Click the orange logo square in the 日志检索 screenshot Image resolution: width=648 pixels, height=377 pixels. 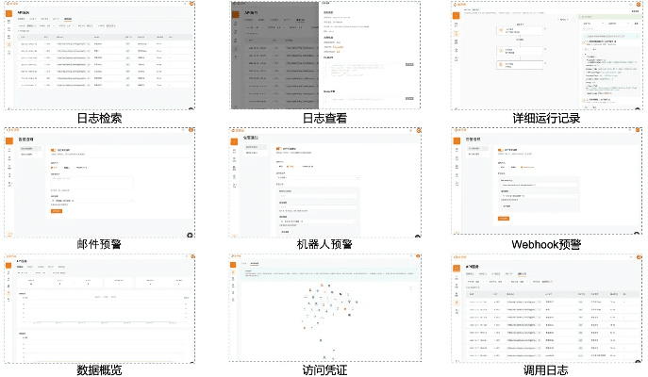pos(9,9)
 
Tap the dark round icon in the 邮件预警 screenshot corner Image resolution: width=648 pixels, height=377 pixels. pos(190,234)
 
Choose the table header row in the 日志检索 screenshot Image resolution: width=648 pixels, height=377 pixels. pos(104,37)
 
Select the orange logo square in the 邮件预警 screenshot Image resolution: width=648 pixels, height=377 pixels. pos(10,136)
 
